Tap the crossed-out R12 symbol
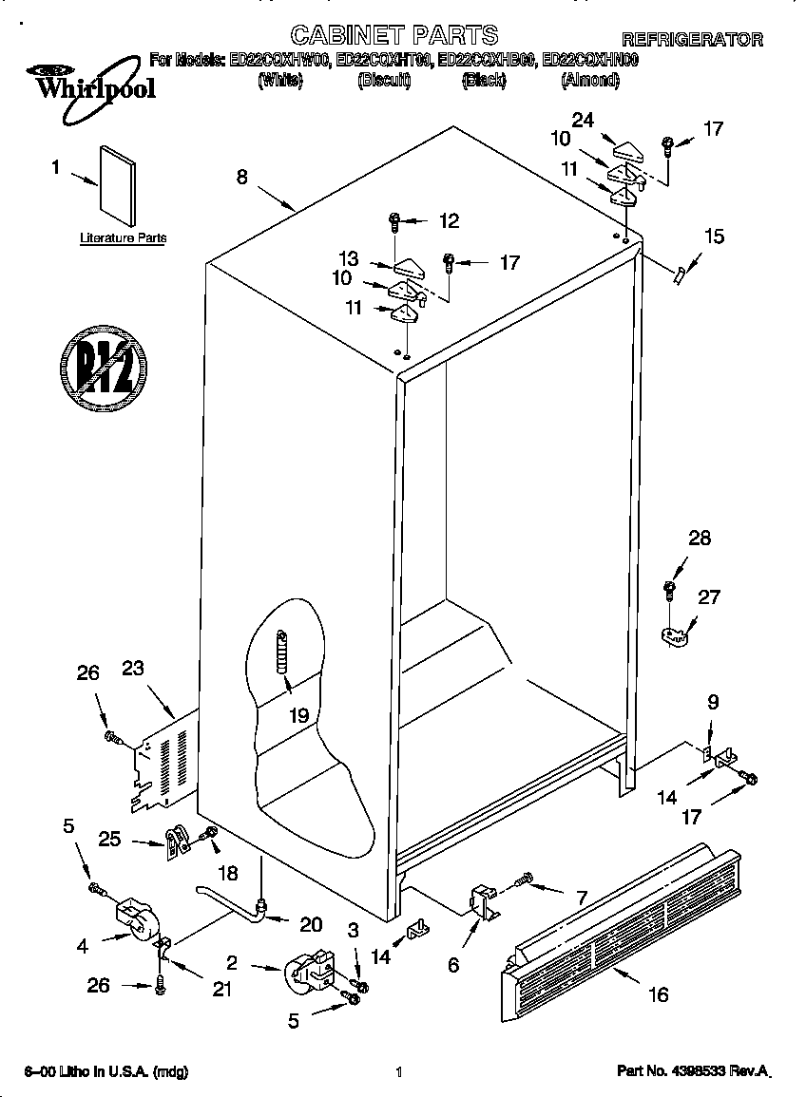(x=104, y=365)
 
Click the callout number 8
(x=242, y=176)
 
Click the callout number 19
(x=299, y=715)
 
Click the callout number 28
(x=699, y=539)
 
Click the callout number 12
(x=448, y=221)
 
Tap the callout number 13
(x=348, y=258)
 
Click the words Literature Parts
(x=123, y=238)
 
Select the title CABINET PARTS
(x=393, y=36)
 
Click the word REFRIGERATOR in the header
(x=692, y=39)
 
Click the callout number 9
(x=712, y=703)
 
